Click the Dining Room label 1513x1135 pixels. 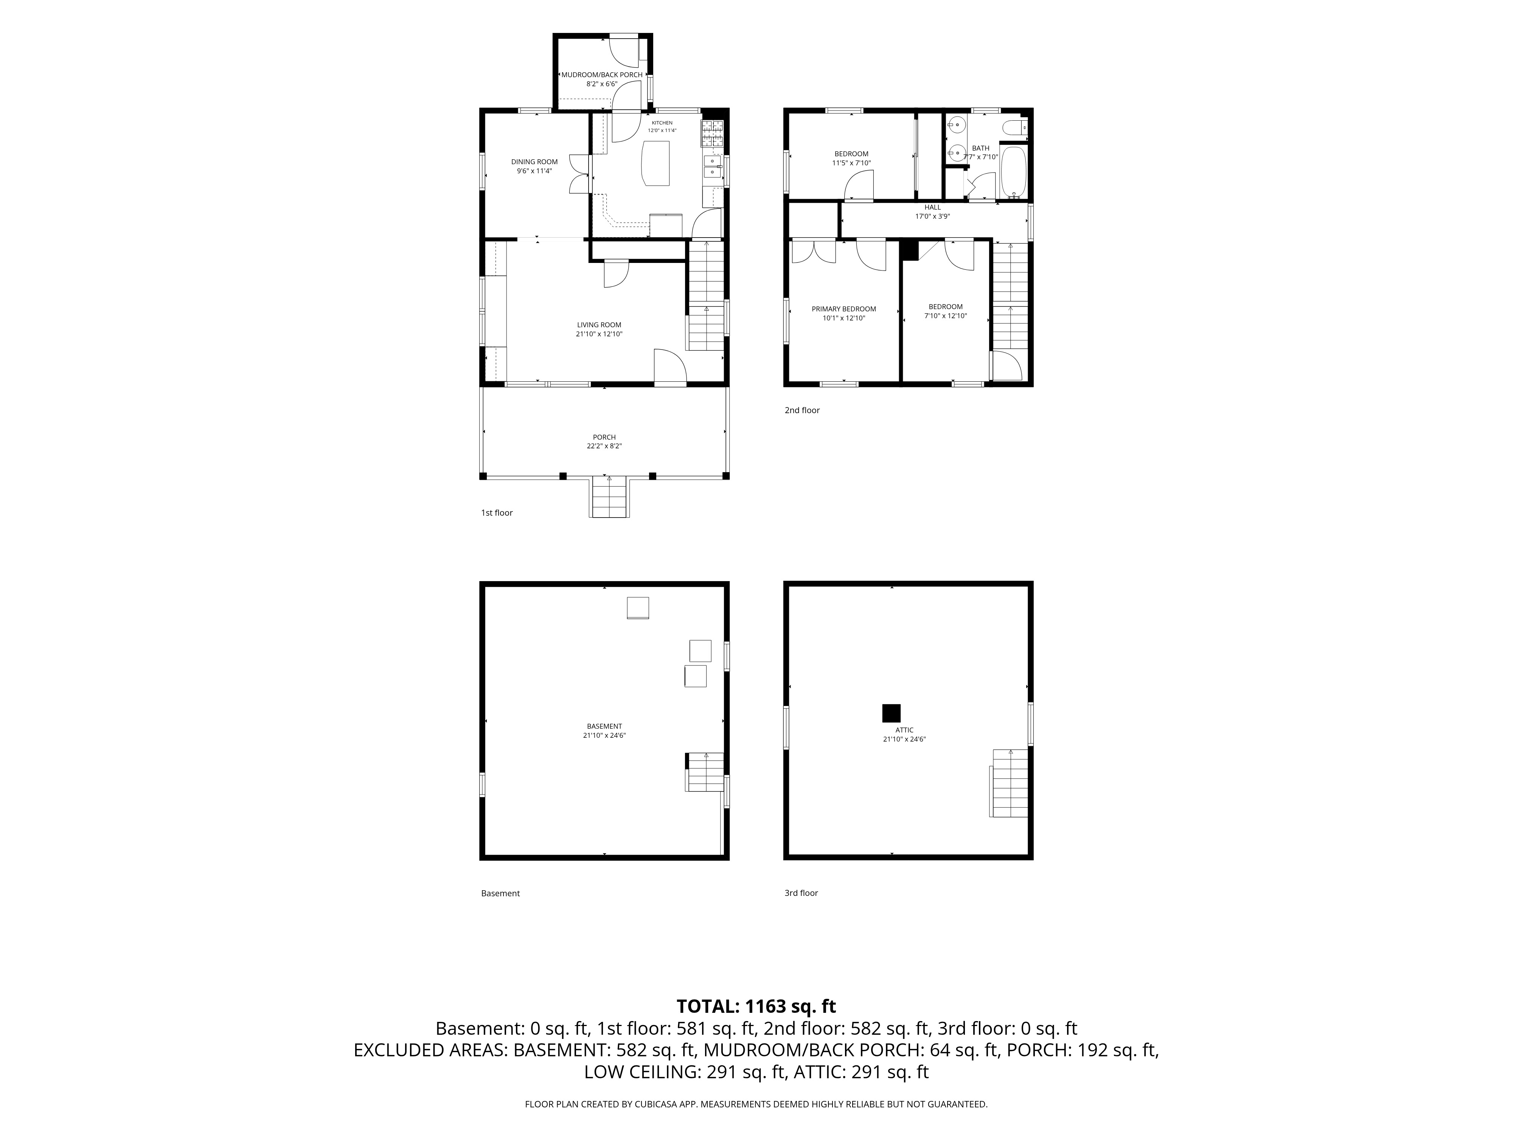point(534,162)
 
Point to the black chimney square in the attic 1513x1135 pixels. point(891,714)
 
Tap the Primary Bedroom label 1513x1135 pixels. point(844,309)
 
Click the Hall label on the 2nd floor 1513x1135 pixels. point(933,207)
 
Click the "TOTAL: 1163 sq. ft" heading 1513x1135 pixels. point(756,1006)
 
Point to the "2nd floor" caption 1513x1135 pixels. point(802,410)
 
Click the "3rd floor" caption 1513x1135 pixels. point(801,893)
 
